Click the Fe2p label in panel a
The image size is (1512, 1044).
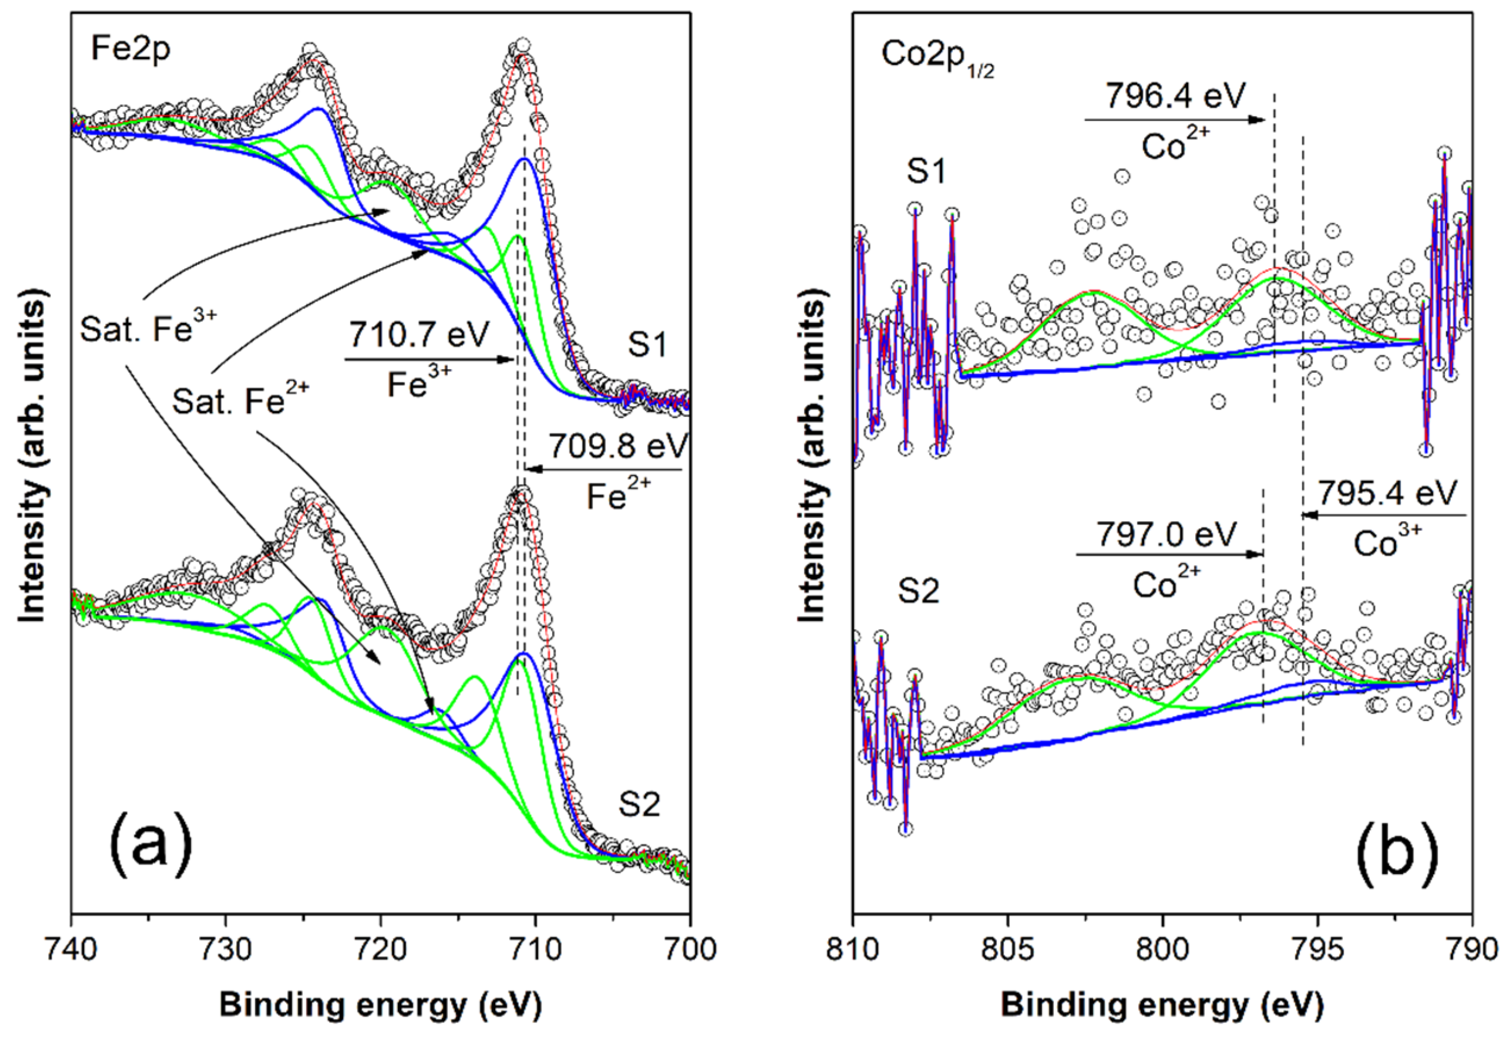[x=130, y=49]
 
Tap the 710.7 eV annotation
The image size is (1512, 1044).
[x=418, y=335]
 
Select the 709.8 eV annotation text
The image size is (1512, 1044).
[x=618, y=447]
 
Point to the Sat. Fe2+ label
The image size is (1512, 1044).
[x=241, y=400]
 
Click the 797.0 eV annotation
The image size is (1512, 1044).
[x=1167, y=534]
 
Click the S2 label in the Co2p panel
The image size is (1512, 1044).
[x=919, y=591]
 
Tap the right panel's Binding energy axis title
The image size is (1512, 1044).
[x=1162, y=1005]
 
